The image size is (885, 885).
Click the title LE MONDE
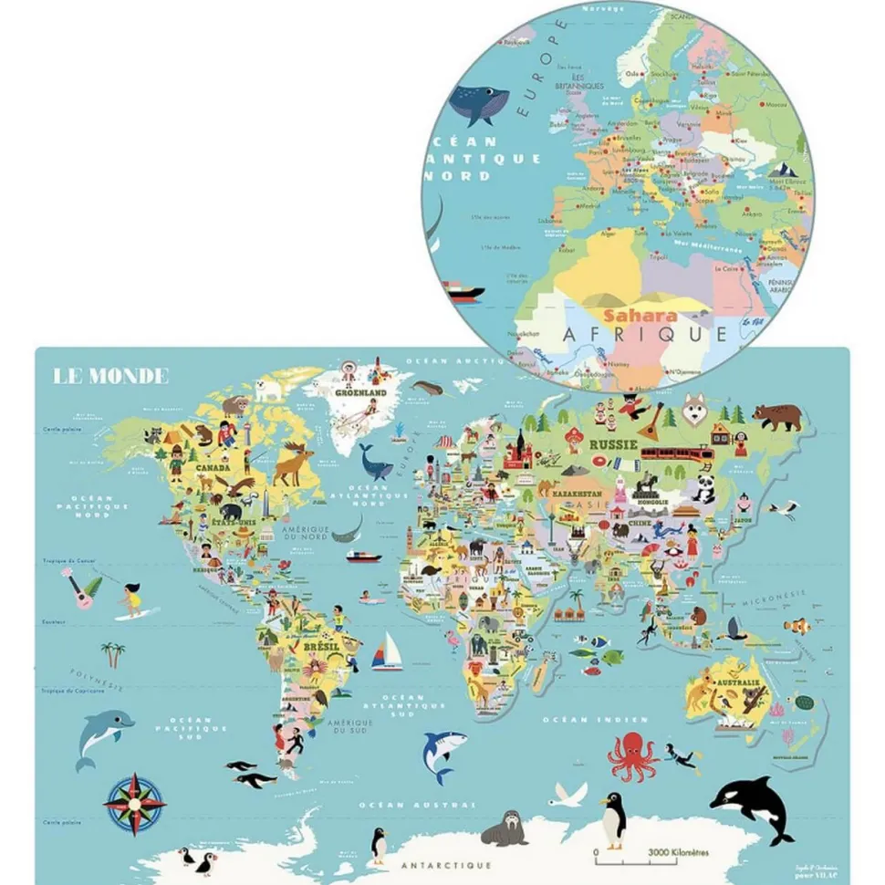click(x=111, y=375)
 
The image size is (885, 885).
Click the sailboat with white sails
click(x=388, y=652)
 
